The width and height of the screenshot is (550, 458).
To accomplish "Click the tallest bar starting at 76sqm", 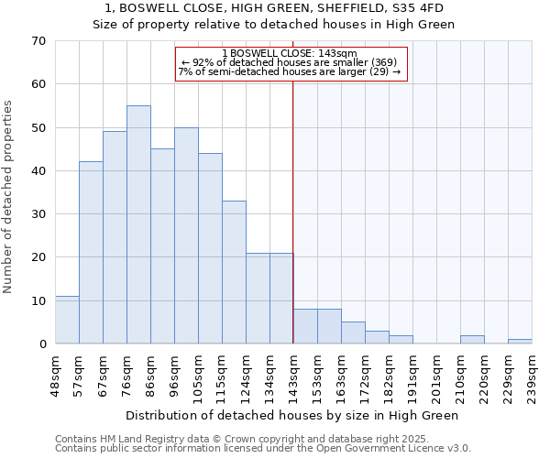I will click(x=138, y=224).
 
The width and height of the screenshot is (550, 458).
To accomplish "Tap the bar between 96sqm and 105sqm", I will click(x=186, y=235).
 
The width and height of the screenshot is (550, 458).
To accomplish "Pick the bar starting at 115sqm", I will click(x=234, y=272).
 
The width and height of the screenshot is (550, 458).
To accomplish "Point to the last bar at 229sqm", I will click(x=520, y=342).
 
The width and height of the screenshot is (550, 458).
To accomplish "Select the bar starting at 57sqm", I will click(x=91, y=253).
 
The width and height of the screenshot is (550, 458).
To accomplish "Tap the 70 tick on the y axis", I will click(x=38, y=41).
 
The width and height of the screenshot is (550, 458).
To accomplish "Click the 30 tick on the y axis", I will click(x=38, y=214).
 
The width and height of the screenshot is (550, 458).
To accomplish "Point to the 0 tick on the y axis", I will click(x=41, y=344).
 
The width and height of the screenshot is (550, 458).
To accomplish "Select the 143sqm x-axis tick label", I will click(x=293, y=376).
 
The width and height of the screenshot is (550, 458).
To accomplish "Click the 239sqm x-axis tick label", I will click(x=532, y=376).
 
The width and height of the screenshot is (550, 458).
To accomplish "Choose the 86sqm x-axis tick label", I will click(x=150, y=376).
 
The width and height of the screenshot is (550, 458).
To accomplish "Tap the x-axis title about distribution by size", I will click(x=291, y=415).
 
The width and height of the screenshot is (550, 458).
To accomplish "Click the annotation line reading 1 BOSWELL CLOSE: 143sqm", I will click(x=290, y=53).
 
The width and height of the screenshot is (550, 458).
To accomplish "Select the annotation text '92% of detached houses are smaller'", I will click(x=290, y=62).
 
